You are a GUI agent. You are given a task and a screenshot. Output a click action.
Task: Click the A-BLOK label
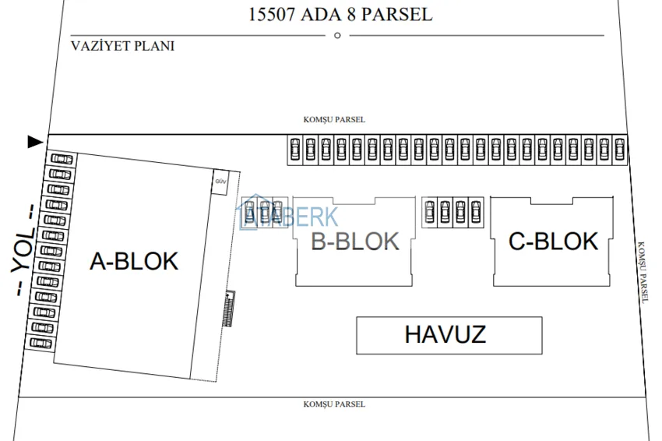click(x=134, y=262)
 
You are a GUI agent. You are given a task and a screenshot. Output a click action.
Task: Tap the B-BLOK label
click(x=354, y=242)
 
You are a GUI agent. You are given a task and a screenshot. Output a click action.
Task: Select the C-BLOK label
click(x=553, y=242)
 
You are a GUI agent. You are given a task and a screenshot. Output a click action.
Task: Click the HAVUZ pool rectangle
click(x=449, y=335)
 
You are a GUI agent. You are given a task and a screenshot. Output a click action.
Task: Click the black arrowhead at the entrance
click(x=35, y=142)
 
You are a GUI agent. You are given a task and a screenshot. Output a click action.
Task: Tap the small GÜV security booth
click(x=220, y=182)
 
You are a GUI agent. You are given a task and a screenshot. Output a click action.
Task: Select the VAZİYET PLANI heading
click(x=122, y=46)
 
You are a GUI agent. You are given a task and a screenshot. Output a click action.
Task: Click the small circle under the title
click(x=337, y=35)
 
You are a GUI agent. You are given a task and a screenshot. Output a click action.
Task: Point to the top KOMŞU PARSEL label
click(x=334, y=120)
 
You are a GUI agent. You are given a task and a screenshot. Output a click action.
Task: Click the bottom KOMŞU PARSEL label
click(x=334, y=404)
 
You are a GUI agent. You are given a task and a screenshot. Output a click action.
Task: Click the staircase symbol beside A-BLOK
click(x=228, y=309)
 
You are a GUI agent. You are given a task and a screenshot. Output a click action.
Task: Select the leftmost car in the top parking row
click(x=294, y=149)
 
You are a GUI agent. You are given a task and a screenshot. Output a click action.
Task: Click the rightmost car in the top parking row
click(x=619, y=149)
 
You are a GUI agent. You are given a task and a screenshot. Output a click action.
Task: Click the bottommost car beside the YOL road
click(x=40, y=343)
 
